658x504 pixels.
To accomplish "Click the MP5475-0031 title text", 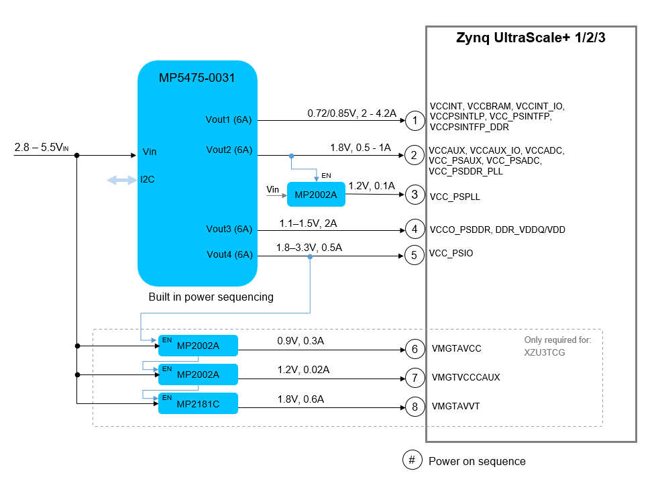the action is (197, 78).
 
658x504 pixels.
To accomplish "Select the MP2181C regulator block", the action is (198, 403).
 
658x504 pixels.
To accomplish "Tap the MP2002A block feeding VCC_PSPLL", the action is (316, 195).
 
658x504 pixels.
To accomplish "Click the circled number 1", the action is (415, 121).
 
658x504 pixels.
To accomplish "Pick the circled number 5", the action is (415, 256).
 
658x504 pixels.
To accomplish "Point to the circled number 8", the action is (415, 407).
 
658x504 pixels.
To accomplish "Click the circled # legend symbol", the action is (412, 460).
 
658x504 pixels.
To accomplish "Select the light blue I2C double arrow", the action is (121, 180).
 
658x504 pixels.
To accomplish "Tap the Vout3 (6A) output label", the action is (229, 229).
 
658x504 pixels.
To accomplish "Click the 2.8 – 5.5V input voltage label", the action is (41, 148).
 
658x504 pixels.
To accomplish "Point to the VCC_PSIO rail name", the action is (451, 253).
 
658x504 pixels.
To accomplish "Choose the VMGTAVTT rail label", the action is (455, 406).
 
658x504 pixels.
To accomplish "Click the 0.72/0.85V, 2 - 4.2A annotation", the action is (351, 113).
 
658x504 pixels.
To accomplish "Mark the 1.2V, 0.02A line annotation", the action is (303, 370).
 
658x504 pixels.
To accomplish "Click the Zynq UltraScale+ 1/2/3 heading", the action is (531, 38).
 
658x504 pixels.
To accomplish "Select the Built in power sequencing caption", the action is (211, 297).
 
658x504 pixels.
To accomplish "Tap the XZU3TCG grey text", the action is (544, 352).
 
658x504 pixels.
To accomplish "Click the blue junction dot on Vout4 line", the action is (310, 256).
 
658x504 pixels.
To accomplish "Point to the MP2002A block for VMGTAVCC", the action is (198, 346).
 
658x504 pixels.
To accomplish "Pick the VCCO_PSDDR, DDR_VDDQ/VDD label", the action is (497, 230).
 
